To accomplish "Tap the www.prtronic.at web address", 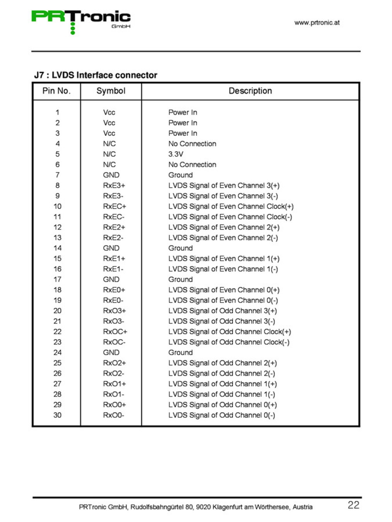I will coord(317,22).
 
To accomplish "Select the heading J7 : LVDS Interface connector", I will coord(96,75).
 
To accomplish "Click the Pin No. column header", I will coord(56,91).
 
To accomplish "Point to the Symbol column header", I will coord(111,91).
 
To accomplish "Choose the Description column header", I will coord(250,91).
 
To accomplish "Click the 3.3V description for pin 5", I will coord(176,154).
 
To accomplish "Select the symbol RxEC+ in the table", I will coord(115,206).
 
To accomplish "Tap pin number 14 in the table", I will coord(57,248).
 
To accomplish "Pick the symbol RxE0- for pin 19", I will coord(113,300).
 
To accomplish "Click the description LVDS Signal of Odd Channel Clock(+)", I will coord(229,331).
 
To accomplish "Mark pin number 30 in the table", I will coord(57,415).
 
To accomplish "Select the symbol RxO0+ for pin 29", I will coord(115,404).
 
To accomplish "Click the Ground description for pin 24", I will coord(180,352).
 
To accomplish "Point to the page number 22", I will coord(353,505).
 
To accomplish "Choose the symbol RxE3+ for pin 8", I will coord(114,185).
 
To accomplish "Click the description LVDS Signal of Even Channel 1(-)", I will coord(223,269).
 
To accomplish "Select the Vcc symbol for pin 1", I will coord(109,112).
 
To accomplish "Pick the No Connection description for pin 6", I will coord(192,164).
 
